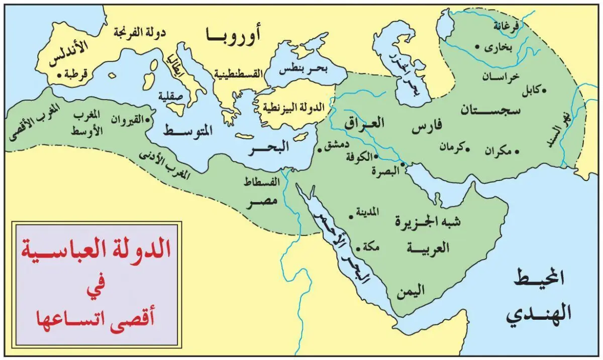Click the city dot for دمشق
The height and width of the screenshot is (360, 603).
(x=320, y=150)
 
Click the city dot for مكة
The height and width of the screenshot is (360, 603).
(x=358, y=248)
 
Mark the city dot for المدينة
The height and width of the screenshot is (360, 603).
(x=351, y=217)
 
